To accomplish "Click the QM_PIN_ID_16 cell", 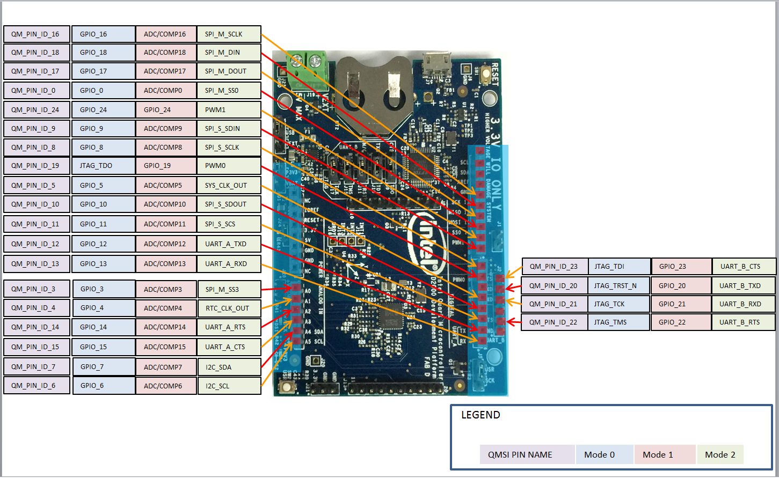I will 37,34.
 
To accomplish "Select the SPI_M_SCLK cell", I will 229,34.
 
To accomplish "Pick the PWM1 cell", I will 229,109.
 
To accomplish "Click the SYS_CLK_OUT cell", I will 229,186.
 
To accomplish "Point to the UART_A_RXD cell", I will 229,264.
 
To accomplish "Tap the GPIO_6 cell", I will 103,386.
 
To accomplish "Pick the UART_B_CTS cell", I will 744,267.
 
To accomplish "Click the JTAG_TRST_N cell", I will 618,286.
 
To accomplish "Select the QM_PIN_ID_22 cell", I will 554,322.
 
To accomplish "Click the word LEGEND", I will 480,415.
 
